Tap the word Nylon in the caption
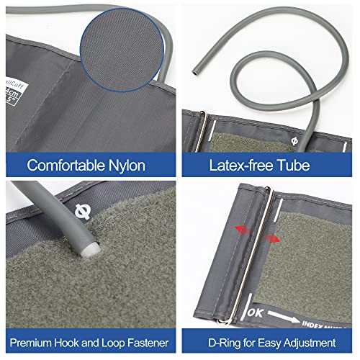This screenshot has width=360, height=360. pos(125,165)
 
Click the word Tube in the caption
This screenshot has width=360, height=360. pos(294,165)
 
